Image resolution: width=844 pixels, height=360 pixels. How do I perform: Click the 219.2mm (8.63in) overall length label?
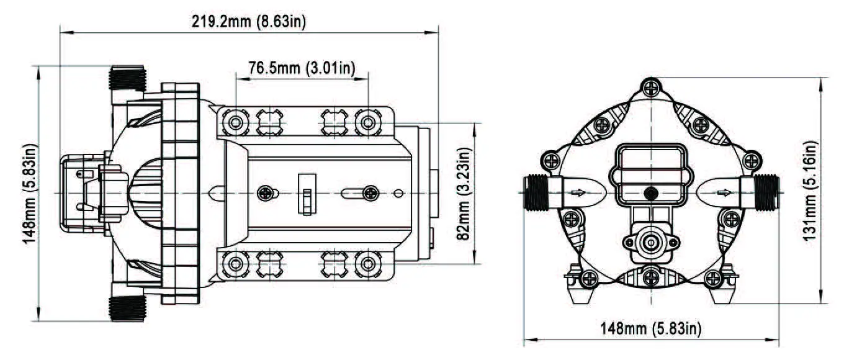[x=248, y=22]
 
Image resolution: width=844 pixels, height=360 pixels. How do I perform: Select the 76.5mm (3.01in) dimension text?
[x=302, y=68]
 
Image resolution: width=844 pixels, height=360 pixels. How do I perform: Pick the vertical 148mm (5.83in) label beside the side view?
[x=30, y=194]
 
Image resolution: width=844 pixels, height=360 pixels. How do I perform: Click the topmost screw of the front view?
[x=650, y=88]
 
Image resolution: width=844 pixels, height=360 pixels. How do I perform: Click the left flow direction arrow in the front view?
[x=578, y=192]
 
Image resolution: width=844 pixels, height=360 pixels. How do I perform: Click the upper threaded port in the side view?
[x=127, y=79]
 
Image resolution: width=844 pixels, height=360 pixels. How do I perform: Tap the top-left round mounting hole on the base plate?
[x=235, y=122]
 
